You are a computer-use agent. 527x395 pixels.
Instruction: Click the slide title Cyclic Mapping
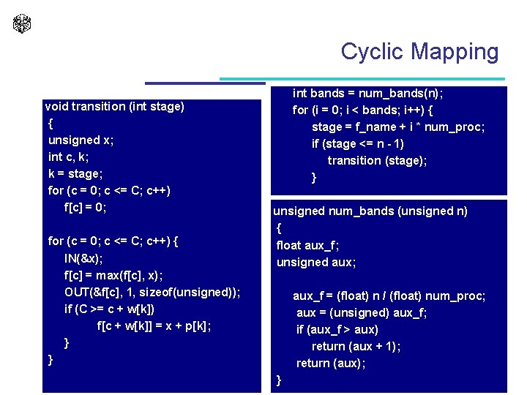pos(419,51)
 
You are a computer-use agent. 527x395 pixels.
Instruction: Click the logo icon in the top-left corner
pos(22,23)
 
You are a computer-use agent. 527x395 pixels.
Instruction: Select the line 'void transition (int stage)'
pos(114,107)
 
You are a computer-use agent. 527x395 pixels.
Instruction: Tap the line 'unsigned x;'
pos(81,140)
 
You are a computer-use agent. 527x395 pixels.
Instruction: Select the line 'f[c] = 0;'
pos(86,208)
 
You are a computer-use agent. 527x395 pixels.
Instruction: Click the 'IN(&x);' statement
pos(83,258)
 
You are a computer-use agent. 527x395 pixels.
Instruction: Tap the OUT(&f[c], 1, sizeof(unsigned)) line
pos(152,292)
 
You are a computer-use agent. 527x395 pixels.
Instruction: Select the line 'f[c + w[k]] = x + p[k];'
pos(154,326)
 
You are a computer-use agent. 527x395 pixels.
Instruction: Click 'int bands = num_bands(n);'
pos(368,94)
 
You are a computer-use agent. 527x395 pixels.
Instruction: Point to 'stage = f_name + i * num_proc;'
pos(398,127)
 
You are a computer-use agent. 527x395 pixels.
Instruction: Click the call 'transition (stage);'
pos(377,161)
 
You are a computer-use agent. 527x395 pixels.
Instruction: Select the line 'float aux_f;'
pos(307,245)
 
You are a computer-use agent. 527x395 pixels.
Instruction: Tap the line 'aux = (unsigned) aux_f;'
pos(362,313)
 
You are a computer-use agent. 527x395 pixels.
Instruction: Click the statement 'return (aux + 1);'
pos(356,347)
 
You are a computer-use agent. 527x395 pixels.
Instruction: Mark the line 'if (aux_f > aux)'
pos(337,330)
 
